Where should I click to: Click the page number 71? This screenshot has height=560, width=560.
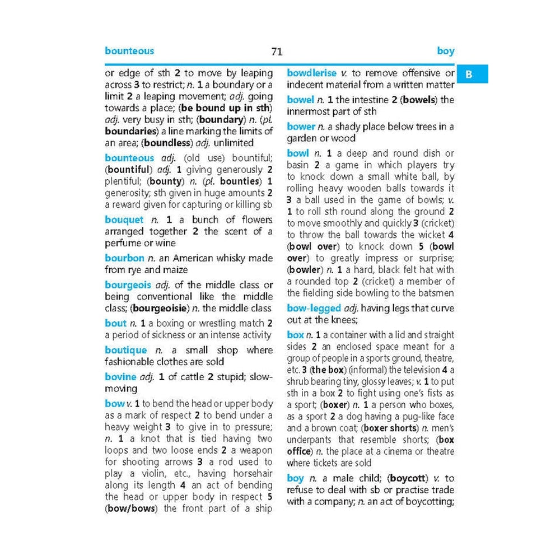point(277,52)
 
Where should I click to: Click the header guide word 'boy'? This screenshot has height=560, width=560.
point(446,51)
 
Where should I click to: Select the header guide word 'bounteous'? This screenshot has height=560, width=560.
point(129,51)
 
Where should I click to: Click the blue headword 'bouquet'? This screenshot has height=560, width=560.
point(124,220)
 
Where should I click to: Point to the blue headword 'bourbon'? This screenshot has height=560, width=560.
point(124,258)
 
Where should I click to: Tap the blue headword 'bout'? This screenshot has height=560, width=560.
point(116,323)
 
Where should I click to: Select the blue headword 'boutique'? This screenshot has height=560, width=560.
point(126,350)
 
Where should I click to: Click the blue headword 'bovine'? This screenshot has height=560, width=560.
point(120,377)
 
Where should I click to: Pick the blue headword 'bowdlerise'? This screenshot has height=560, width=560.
point(312,73)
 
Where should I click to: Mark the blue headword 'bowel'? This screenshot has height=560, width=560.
point(300,100)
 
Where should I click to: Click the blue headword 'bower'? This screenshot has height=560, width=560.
point(301,127)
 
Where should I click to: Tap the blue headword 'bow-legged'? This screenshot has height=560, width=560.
point(314,308)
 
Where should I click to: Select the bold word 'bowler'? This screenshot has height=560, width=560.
point(306,270)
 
